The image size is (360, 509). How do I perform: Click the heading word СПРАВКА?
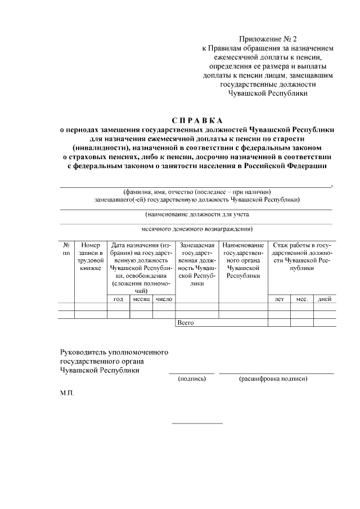tap(197, 121)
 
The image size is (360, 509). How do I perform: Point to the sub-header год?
tap(118, 299)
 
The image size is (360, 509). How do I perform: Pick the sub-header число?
tap(164, 299)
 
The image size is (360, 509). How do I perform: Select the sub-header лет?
tap(278, 299)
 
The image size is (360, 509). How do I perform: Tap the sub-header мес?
tap(301, 299)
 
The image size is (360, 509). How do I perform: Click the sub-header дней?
tap(324, 299)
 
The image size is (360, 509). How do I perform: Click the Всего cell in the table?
tap(186, 323)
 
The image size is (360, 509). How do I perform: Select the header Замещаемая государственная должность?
tap(196, 264)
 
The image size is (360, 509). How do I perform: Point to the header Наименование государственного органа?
tap(243, 260)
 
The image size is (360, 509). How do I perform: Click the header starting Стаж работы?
tap(301, 256)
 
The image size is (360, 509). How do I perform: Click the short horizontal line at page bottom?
tap(197, 423)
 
